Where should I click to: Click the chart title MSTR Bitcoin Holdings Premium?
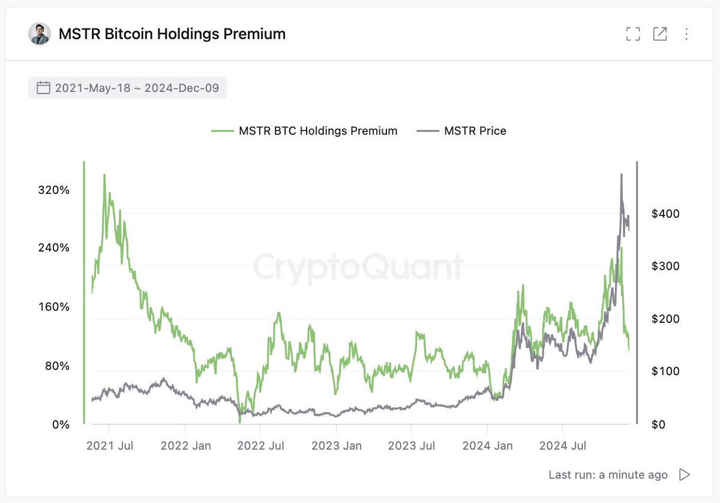point(172,34)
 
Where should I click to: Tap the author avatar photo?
point(40,34)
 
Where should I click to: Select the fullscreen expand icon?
point(633,34)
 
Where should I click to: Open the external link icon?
point(660,34)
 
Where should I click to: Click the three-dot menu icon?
point(686,34)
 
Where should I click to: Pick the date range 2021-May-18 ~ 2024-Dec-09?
point(137,88)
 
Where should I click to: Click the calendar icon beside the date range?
point(43,88)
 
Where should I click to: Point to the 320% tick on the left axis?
point(55,190)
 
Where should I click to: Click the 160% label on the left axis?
point(55,307)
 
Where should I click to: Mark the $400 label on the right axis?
point(666,214)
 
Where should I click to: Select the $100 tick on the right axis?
point(666,372)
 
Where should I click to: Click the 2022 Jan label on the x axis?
point(186,446)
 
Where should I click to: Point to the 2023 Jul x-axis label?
point(411,446)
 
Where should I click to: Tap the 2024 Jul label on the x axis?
point(562,446)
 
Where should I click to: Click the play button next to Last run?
point(685,475)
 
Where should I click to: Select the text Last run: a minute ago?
point(608,475)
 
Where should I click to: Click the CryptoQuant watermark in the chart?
point(358,267)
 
